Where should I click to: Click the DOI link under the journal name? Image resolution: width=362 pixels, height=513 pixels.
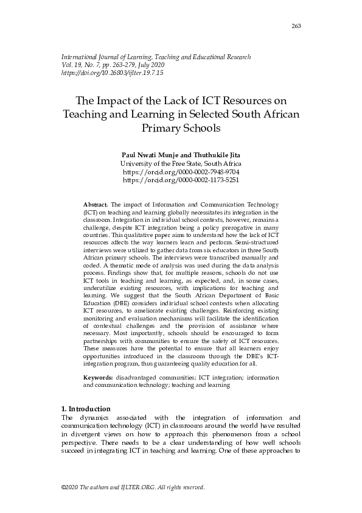113,73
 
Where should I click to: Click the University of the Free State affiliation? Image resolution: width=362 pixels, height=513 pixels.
181,164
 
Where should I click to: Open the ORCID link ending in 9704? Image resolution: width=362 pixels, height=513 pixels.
181,172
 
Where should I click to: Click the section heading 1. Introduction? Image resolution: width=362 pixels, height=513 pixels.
86,408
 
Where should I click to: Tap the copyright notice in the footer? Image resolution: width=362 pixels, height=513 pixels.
133,488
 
